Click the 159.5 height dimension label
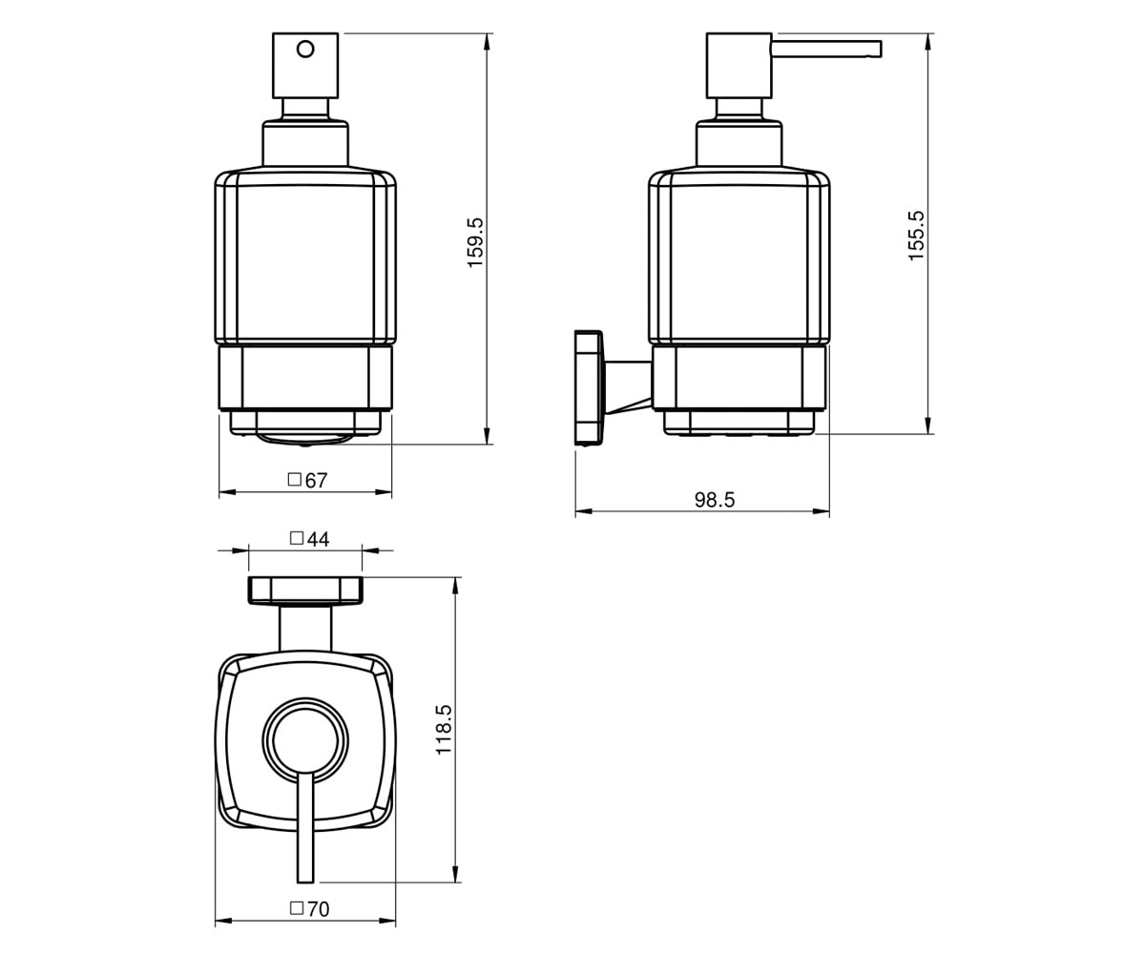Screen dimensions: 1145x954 (x=475, y=242)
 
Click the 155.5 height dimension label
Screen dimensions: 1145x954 (x=916, y=236)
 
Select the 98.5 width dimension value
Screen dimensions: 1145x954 (x=715, y=500)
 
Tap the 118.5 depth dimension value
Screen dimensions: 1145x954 (x=444, y=730)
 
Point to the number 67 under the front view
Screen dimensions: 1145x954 (x=317, y=481)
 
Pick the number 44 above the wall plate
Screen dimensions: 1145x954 (x=318, y=540)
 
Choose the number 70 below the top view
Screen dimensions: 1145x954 (x=318, y=909)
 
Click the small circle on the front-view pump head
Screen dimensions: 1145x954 (x=305, y=50)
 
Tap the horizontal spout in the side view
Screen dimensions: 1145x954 (x=826, y=49)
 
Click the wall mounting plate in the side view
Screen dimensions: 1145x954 (x=589, y=387)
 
